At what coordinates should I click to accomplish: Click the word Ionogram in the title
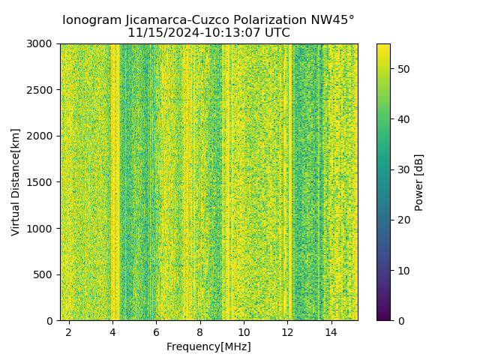point(91,20)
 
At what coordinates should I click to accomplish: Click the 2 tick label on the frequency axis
point(68,332)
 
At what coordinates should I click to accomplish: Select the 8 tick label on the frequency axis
point(199,332)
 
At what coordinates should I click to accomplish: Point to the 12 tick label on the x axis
point(287,332)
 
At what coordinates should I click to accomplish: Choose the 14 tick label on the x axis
point(331,332)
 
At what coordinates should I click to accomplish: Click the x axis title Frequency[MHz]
point(208,346)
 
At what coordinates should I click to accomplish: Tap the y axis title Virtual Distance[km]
point(16,181)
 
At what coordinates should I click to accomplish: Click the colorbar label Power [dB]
point(419,182)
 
